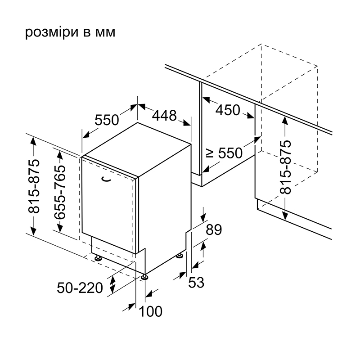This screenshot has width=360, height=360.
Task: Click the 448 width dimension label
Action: coord(164,115)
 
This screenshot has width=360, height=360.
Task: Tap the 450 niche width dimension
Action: coord(228,110)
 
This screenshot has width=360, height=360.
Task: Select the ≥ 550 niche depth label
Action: coord(224,153)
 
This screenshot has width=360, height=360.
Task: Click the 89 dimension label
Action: coord(214,229)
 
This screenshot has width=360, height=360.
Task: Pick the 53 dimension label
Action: coord(196,282)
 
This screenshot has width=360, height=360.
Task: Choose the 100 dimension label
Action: coord(151,311)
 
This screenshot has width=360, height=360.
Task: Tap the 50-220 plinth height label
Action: coord(80,288)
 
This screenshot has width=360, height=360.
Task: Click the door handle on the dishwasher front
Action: coord(106,179)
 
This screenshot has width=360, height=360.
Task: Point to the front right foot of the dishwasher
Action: coord(144,277)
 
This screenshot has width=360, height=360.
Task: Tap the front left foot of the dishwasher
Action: coord(98,258)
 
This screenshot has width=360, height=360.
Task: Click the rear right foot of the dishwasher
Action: coord(180,256)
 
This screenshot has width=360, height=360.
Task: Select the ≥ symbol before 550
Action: coord(209,153)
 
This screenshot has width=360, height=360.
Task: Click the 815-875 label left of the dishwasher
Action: coord(34,186)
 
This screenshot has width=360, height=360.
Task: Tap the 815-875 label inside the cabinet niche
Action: coord(285,166)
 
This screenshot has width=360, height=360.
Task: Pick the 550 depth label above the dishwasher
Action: coord(107,120)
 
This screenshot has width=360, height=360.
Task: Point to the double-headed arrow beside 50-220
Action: coord(112,284)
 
